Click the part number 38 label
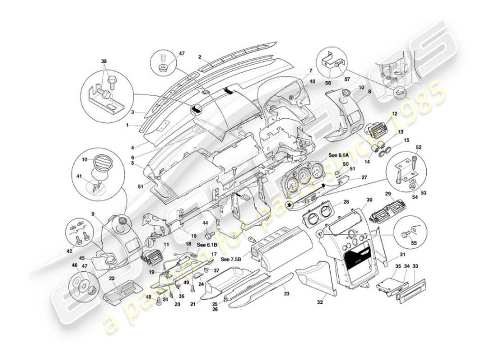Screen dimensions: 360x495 [104, 61]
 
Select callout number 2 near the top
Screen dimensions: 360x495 [199, 57]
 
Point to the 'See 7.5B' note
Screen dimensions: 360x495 [231, 260]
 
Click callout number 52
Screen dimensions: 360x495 [418, 147]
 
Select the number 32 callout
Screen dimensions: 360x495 [320, 302]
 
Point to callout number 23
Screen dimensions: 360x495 [287, 293]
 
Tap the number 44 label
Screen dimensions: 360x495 [205, 223]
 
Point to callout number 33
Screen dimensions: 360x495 [415, 266]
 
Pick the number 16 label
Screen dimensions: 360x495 [194, 235]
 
